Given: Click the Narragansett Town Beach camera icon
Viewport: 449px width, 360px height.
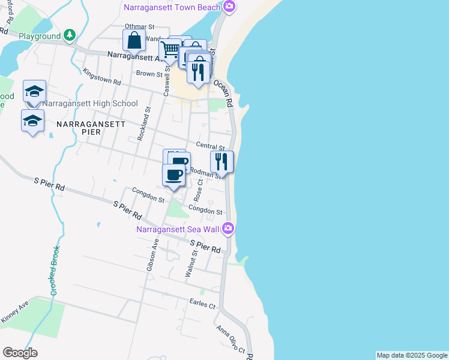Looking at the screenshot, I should pos(228,7).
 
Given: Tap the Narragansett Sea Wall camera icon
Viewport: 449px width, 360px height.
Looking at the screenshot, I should pos(228,228).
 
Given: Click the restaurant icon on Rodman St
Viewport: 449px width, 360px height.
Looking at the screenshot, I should pos(221,161).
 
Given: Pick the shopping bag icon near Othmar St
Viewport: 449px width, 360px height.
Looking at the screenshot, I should pos(134,41).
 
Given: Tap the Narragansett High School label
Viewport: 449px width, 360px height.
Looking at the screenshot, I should pos(90,103).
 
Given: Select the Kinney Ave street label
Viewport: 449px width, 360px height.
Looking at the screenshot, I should pos(15,313).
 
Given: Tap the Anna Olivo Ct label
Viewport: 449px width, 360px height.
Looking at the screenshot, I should pos(231,340).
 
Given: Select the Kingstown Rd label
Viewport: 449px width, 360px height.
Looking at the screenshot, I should pos(102,76).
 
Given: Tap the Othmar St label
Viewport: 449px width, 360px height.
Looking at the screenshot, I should pos(140,27).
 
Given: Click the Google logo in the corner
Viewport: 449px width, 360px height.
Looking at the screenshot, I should pos(20,352).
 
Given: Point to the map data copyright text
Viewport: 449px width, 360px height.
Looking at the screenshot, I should pos(412,355).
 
